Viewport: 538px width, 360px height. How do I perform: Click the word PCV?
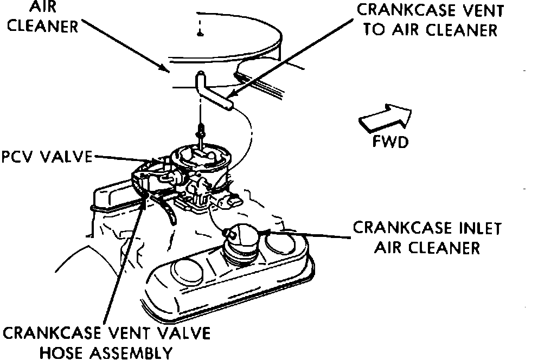click(16, 157)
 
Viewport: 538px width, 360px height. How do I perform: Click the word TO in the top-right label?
click(374, 30)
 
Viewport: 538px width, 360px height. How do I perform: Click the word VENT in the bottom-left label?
click(127, 332)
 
